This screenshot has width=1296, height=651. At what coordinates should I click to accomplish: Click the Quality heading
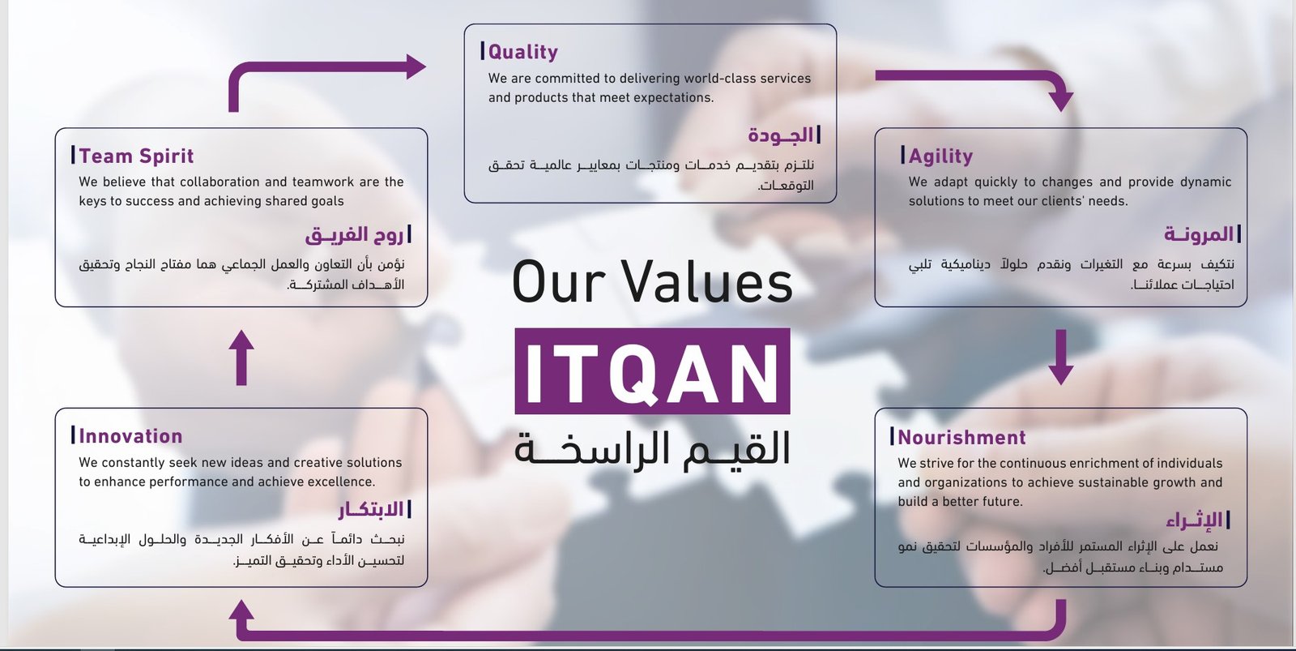pyautogui.click(x=523, y=52)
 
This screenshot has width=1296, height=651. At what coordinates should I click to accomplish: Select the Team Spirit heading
pyautogui.click(x=136, y=156)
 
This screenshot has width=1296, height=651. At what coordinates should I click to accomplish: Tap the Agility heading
pyautogui.click(x=940, y=156)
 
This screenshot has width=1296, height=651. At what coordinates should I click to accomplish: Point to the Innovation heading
pyautogui.click(x=130, y=436)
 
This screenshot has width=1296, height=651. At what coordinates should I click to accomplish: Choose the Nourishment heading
pyautogui.click(x=961, y=437)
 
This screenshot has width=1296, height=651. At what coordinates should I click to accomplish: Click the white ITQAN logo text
pyautogui.click(x=652, y=372)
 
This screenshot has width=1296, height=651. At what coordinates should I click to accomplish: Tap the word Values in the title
pyautogui.click(x=707, y=282)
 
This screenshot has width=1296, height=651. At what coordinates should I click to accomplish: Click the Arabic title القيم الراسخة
pyautogui.click(x=652, y=449)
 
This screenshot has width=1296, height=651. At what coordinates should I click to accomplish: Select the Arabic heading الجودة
pyautogui.click(x=781, y=135)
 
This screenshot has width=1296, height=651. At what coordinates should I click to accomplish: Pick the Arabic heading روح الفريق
pyautogui.click(x=354, y=234)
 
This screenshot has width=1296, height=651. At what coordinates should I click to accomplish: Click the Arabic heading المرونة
pyautogui.click(x=1199, y=234)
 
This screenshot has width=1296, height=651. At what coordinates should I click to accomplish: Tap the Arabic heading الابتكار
pyautogui.click(x=371, y=510)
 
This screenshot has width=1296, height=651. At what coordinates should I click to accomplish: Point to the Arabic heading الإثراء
pyautogui.click(x=1194, y=520)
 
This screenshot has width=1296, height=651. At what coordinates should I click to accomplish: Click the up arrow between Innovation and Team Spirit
pyautogui.click(x=241, y=358)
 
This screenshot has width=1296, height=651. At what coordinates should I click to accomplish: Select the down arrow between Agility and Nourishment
pyautogui.click(x=1060, y=358)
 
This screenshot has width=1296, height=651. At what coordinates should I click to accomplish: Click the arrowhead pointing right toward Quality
pyautogui.click(x=416, y=66)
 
